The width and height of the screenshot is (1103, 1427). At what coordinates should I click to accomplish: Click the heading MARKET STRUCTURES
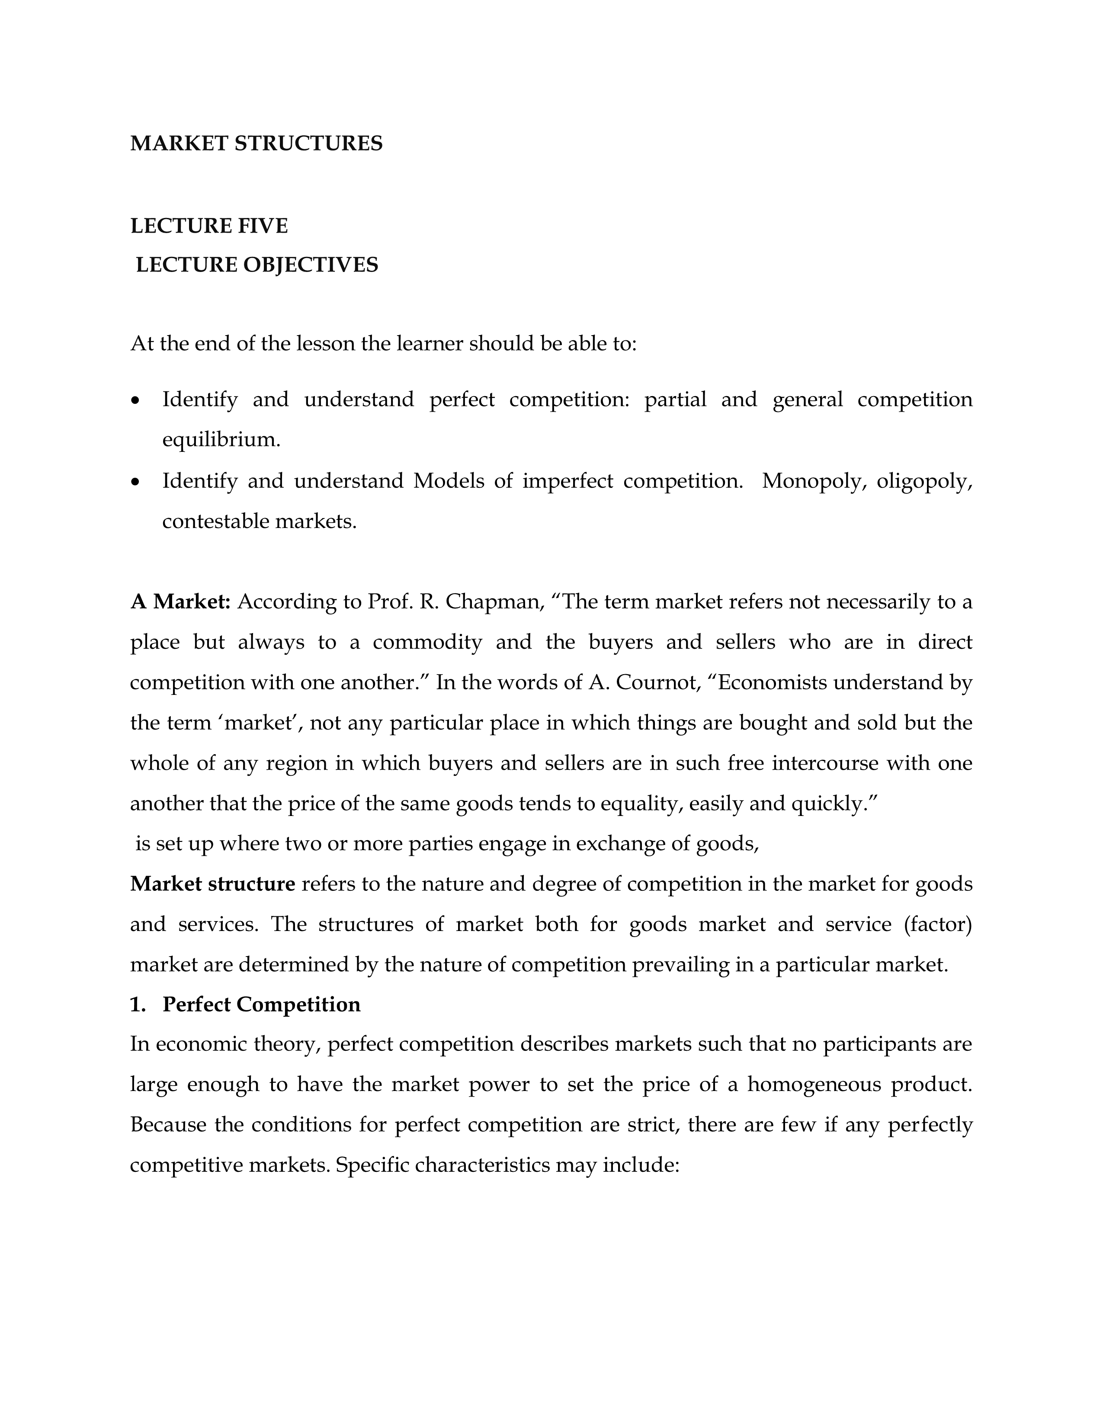[256, 144]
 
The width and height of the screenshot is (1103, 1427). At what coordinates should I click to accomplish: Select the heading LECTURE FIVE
[209, 226]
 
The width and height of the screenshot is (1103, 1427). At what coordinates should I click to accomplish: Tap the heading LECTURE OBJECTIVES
[257, 265]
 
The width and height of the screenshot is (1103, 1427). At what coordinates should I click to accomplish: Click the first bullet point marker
[135, 400]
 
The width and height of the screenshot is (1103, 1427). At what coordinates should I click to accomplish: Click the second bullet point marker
[135, 482]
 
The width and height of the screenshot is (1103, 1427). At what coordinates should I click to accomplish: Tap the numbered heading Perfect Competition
[261, 1004]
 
